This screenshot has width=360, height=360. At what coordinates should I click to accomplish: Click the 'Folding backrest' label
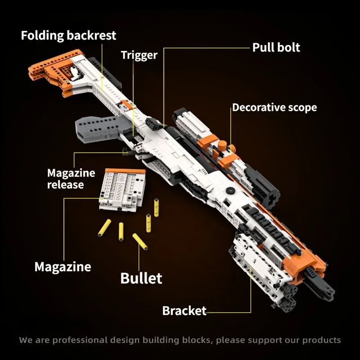click(68, 36)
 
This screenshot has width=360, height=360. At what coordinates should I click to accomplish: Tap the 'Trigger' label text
click(139, 55)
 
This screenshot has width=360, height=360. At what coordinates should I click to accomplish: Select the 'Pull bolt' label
click(276, 48)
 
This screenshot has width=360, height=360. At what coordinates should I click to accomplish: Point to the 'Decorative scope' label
click(274, 108)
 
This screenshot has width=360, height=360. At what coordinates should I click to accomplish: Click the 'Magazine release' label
click(71, 179)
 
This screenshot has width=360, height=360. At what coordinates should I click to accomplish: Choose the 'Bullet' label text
click(141, 278)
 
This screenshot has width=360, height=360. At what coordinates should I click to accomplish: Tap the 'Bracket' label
click(184, 311)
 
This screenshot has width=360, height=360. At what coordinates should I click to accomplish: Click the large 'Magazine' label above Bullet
click(63, 267)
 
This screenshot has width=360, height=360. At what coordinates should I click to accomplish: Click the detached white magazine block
click(122, 190)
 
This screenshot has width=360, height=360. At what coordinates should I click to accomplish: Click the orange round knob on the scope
click(222, 145)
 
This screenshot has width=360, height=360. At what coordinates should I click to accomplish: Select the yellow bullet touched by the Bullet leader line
click(140, 242)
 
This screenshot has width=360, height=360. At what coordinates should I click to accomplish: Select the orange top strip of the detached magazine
click(126, 171)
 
